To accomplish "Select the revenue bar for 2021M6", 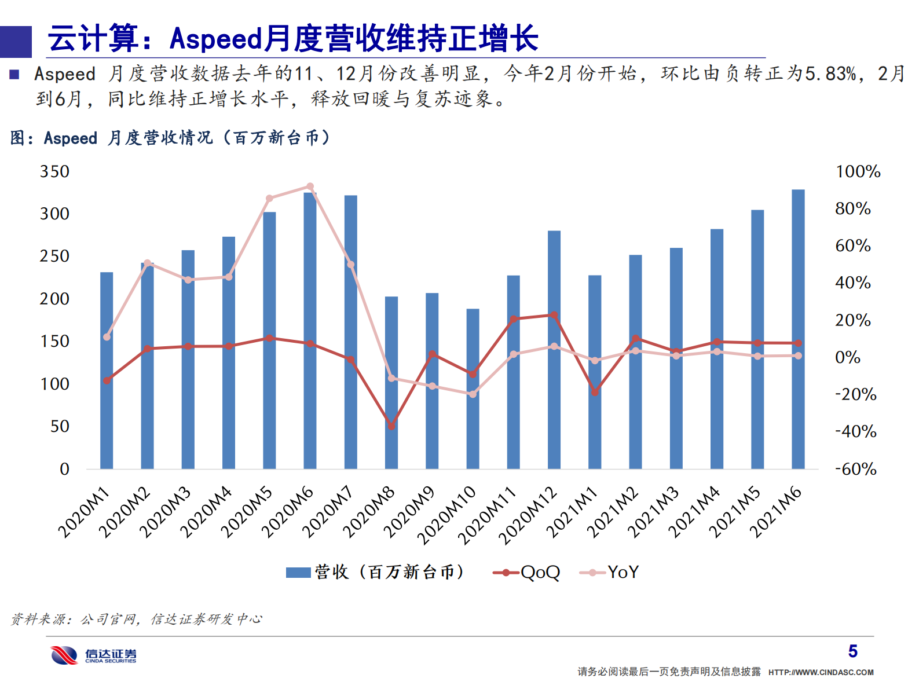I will click(798, 330).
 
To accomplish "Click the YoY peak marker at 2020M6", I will click(310, 186).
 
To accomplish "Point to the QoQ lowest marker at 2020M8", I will click(391, 426).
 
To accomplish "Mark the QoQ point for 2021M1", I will click(595, 392).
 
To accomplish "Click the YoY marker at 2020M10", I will click(473, 394).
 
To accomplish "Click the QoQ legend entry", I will click(527, 573).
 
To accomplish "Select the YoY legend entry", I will click(609, 573).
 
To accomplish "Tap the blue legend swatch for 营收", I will click(298, 573).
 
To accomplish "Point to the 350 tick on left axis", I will click(54, 172).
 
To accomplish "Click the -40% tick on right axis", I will click(855, 432).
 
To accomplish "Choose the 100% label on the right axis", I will click(858, 172).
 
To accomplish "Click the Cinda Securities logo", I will click(93, 655).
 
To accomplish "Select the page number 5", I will click(852, 651).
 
